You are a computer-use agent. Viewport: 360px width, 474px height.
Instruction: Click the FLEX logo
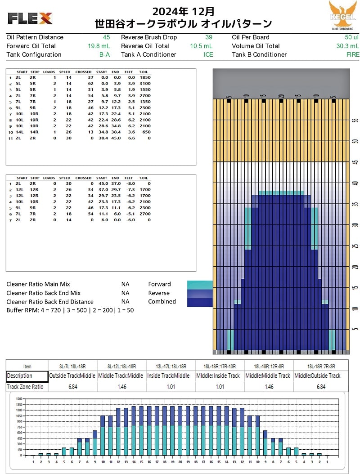pos(30,18)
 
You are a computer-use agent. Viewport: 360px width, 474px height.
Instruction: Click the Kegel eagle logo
pos(342,15)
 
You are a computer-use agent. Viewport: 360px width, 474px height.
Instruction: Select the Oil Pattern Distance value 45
pos(106,37)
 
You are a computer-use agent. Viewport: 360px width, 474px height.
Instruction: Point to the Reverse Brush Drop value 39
pos(209,37)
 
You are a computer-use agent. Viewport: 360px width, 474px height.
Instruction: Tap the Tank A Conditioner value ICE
pos(208,55)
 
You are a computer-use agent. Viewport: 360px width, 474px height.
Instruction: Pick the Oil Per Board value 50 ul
pos(351,37)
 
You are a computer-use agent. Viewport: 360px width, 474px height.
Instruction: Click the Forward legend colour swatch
pos(199,284)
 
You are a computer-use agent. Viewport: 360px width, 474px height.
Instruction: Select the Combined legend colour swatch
pos(199,302)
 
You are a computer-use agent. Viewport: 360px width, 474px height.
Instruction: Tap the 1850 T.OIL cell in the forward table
pos(145,77)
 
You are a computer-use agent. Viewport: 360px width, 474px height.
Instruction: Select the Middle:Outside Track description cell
pos(318,376)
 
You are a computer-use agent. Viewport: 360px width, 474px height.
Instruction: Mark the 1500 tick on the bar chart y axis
pos(18,399)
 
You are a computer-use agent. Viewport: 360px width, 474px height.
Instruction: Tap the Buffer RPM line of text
pos(70,310)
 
